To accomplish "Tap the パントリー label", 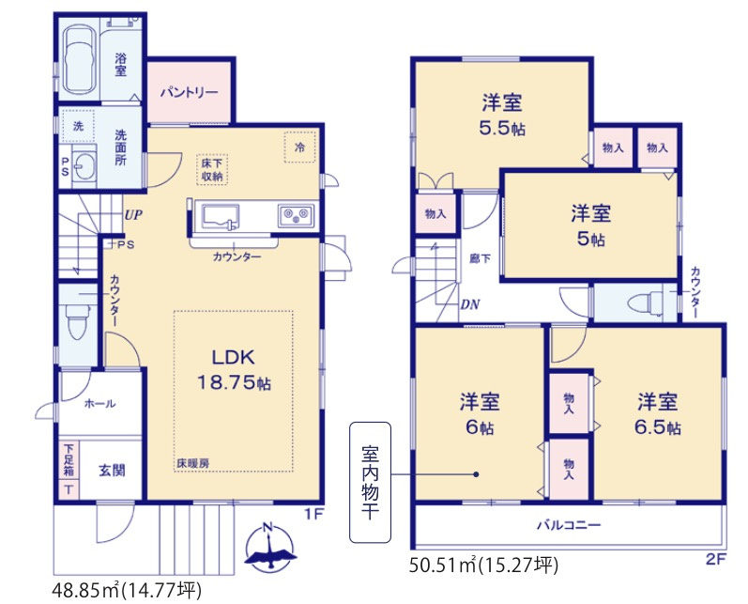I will point(189,93).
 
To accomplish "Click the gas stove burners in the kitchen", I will point(297,217).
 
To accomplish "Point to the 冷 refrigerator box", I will point(299,147).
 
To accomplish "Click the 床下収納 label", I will point(211,169).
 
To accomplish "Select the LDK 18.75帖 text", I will point(234,370).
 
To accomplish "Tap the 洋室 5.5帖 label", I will point(502,114).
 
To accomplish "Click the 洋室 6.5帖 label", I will point(658,413).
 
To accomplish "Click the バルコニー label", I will point(569,525).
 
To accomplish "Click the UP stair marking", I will point(132,214).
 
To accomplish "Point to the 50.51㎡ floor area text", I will point(485,565).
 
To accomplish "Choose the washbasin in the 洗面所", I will point(83,166).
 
